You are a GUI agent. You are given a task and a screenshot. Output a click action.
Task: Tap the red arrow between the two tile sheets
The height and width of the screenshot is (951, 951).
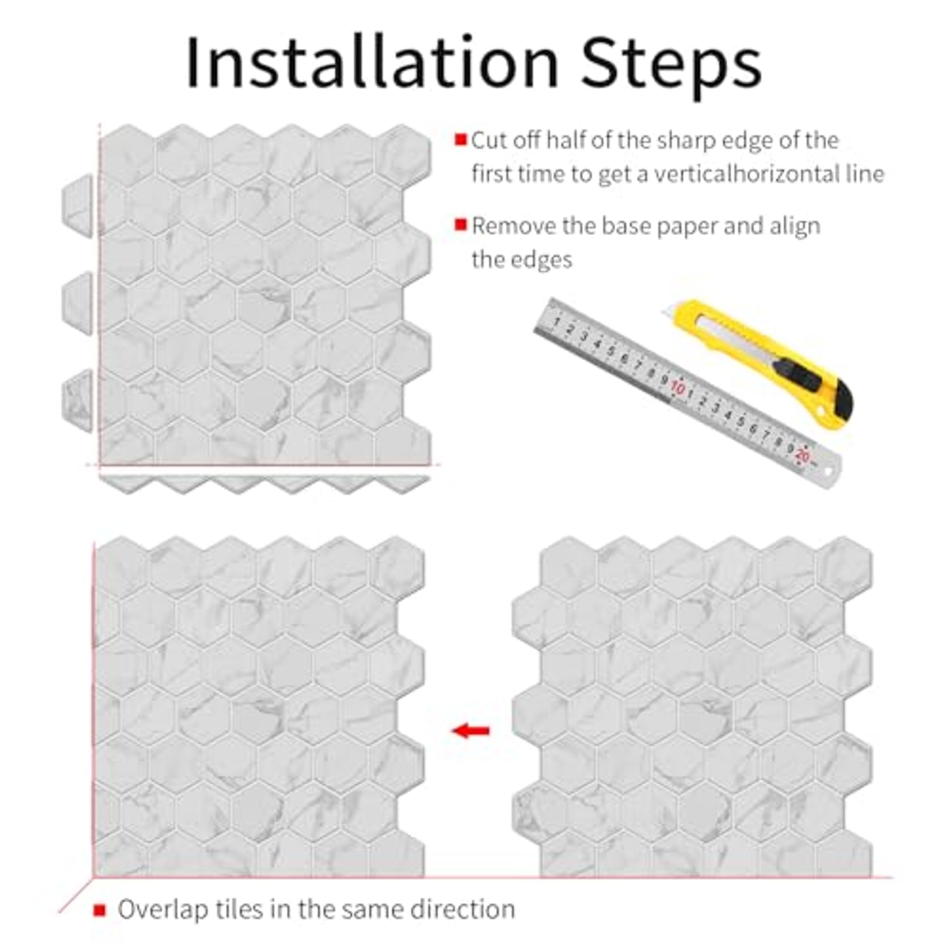click(x=470, y=730)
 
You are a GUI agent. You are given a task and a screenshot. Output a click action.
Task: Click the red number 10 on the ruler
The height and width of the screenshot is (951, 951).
click(x=678, y=387)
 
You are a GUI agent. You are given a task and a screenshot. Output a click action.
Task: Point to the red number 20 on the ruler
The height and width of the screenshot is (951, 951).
click(x=803, y=455)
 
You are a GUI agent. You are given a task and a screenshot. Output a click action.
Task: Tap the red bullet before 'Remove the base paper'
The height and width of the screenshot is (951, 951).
click(x=461, y=224)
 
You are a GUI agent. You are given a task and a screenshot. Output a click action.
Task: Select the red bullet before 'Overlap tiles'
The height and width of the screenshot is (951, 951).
click(x=99, y=910)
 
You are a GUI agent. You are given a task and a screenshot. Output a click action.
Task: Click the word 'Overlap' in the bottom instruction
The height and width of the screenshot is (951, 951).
click(x=163, y=910)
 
